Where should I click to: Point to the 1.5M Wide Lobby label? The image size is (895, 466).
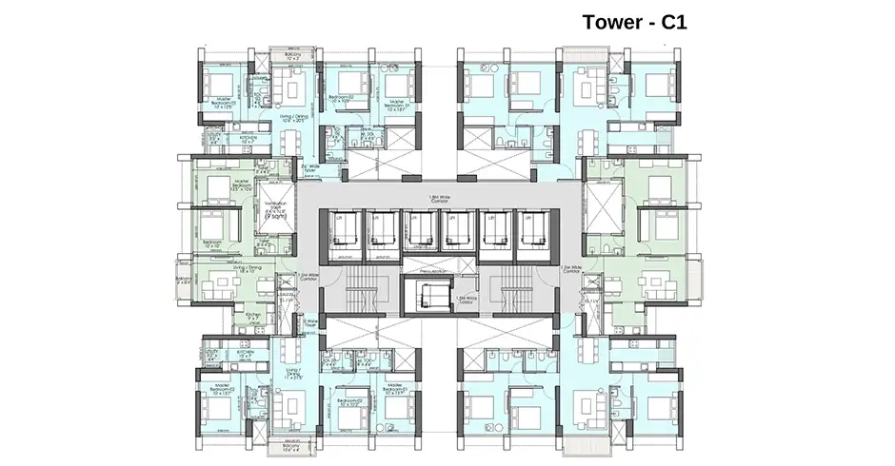click(x=467, y=301)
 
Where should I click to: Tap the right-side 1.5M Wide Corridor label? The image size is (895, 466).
click(x=570, y=270)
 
